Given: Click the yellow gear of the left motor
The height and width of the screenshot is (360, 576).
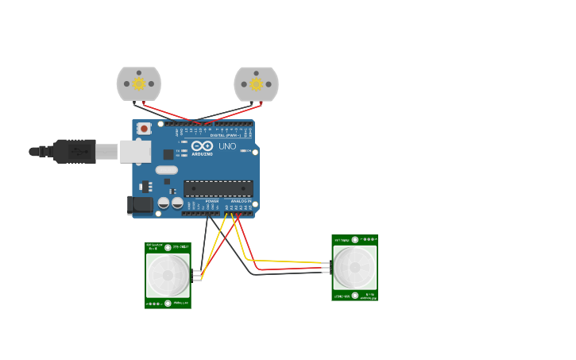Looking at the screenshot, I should tap(139, 83).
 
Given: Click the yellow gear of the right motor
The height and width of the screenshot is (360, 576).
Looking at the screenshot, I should tap(256, 83).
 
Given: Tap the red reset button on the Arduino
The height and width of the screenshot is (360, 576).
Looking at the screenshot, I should tap(144, 128).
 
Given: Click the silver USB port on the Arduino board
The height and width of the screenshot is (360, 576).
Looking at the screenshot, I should tap(135, 151).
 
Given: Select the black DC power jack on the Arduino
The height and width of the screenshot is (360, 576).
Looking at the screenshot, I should tap(140, 205).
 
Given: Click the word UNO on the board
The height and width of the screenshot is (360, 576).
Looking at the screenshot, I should tap(227, 146).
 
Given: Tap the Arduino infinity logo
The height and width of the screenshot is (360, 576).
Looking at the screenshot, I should tap(202, 145).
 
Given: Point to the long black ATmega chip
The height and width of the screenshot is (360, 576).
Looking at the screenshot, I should tap(218, 188).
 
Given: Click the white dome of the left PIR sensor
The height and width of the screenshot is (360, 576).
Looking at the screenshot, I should tap(168, 276).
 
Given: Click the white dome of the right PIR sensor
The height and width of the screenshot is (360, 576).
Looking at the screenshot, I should tap(354, 267).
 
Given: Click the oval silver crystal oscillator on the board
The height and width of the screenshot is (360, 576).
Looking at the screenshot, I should tap(167, 169).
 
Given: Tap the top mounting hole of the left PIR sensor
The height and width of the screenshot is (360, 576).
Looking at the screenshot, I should tap(168, 248).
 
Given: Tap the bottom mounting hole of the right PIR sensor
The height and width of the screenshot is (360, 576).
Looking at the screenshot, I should tap(354, 296).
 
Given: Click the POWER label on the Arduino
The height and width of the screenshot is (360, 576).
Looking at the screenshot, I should tap(212, 202).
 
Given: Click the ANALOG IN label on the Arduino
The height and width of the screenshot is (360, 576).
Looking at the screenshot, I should tap(241, 202).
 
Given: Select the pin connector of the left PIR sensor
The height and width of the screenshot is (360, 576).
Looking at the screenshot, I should tap(196, 275).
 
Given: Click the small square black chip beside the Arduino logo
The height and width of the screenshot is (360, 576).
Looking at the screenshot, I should tap(168, 154).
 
